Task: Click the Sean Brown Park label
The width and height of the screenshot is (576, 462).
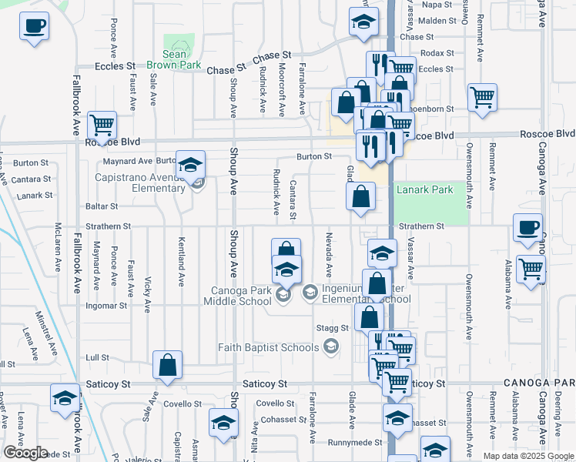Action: click(175, 59)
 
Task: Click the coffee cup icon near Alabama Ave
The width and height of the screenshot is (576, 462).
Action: click(527, 228)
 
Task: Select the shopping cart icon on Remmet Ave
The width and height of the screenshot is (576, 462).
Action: click(482, 98)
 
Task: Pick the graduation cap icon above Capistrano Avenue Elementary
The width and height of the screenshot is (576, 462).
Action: click(190, 164)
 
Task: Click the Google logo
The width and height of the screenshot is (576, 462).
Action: click(25, 453)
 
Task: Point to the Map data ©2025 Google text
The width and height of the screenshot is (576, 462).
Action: click(528, 456)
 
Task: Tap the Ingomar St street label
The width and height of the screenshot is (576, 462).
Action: click(106, 306)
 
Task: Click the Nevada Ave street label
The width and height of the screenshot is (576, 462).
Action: click(329, 255)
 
